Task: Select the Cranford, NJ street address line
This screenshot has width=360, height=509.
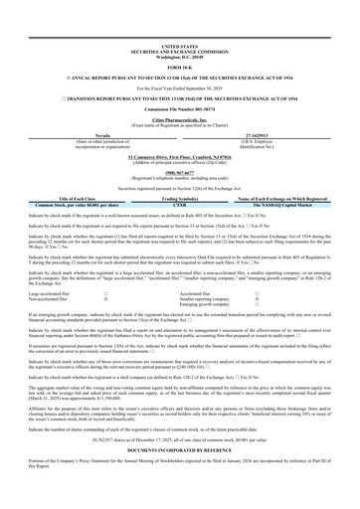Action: (x=179, y=157)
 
